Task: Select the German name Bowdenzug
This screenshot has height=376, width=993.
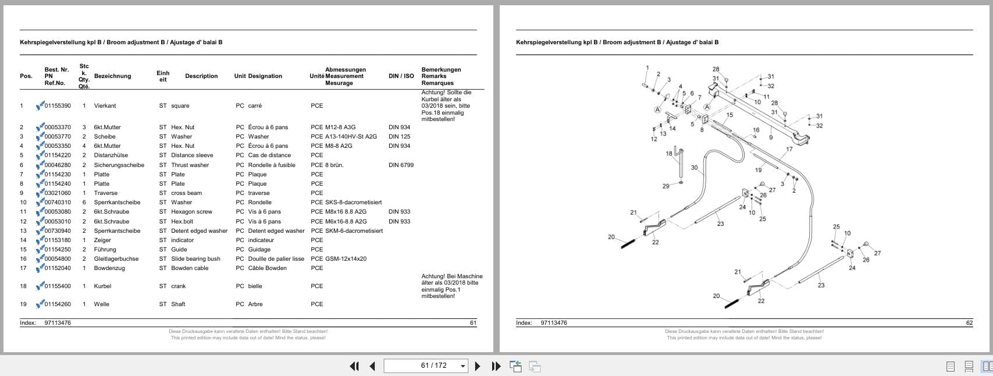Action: click(109, 268)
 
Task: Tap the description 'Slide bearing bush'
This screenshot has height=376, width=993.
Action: click(195, 259)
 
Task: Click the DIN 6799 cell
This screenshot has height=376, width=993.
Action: click(401, 165)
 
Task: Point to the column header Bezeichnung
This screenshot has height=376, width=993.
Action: click(112, 76)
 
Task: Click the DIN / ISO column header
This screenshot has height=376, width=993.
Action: click(401, 76)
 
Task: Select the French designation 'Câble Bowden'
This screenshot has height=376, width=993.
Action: click(267, 268)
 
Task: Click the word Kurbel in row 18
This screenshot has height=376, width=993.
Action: click(102, 286)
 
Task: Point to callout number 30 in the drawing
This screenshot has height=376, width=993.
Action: click(694, 168)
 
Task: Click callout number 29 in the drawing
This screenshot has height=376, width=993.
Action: click(665, 186)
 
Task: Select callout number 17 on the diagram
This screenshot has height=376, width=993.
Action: click(789, 150)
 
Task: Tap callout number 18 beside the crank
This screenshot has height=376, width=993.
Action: click(669, 154)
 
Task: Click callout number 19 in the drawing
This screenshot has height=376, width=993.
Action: click(758, 170)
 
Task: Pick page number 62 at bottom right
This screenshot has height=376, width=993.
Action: click(969, 323)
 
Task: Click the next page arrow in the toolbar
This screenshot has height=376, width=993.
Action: click(478, 366)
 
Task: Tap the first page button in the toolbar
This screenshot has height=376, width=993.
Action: click(354, 366)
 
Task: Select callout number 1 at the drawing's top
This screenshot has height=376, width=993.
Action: click(647, 68)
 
